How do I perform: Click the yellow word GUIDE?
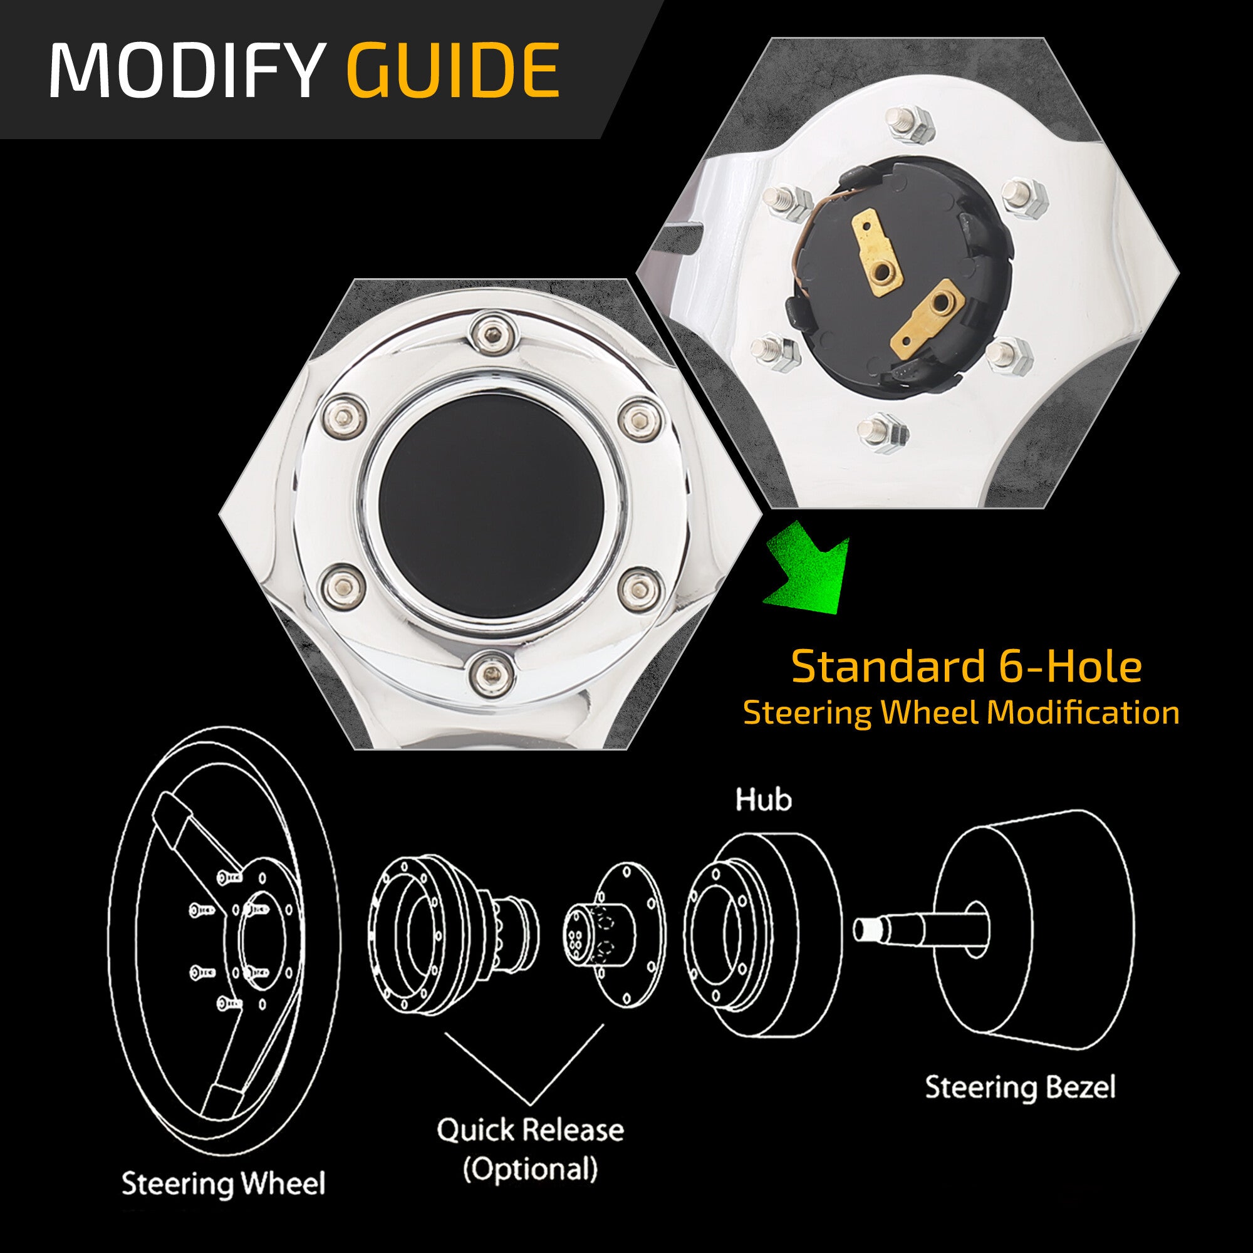coord(454,70)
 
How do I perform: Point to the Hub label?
coord(763,799)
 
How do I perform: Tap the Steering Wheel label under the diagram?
coord(223,1183)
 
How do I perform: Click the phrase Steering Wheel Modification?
coord(960,713)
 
